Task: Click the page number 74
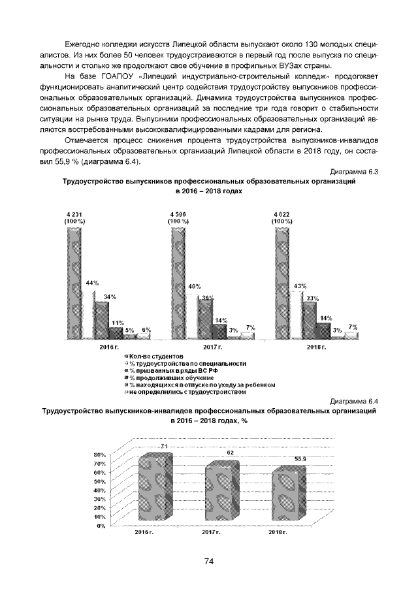point(209,561)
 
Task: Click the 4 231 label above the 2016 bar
point(74,215)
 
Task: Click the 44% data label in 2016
point(92,283)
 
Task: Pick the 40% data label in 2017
point(195,287)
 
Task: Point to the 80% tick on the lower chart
point(101,454)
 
